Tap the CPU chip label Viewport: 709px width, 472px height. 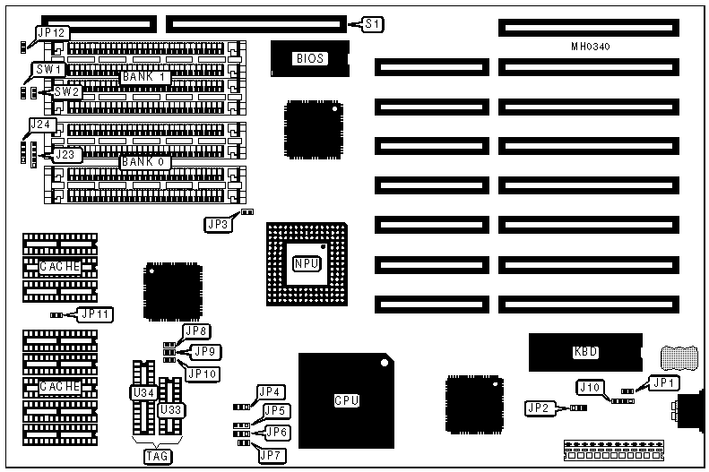(346, 400)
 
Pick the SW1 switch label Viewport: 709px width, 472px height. (48, 69)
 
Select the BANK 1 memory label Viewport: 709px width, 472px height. (144, 77)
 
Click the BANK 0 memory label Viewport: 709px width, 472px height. (144, 162)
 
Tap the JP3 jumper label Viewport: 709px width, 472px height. (218, 225)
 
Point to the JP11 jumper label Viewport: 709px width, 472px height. (95, 313)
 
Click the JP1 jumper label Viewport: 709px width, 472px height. (664, 382)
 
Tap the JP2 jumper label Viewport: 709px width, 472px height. (540, 408)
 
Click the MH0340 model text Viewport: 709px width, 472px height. (591, 46)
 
